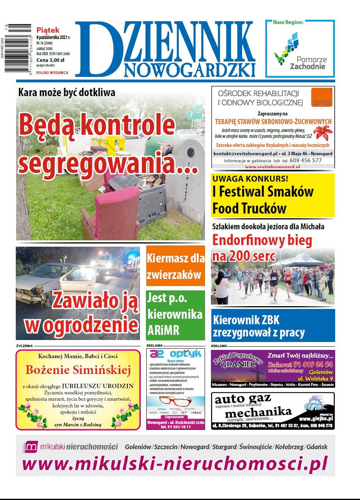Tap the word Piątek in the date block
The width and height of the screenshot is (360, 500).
48,30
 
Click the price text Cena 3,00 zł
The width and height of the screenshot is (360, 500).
51,60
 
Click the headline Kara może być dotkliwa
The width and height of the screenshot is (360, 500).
67,93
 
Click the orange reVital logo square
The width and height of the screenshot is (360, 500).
321,97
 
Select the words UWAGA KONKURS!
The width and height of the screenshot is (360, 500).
250,178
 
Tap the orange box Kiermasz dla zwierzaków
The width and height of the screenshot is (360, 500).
175,266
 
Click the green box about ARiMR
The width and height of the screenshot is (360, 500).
175,315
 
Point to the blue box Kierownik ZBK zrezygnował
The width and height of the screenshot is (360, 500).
273,325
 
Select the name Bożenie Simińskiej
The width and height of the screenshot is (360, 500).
78,370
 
